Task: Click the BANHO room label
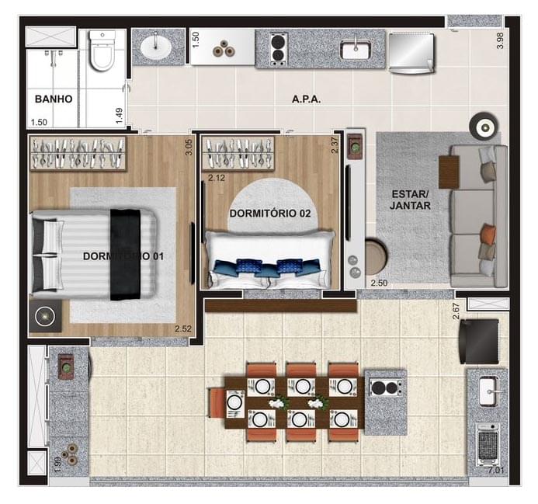pos(54,99)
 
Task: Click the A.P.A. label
pos(306,99)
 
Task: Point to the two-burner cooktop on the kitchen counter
pos(277,49)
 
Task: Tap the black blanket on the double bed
pos(123,254)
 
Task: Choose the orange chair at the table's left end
pos(217,402)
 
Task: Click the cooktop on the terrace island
pos(386,387)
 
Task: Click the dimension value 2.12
pos(216,177)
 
